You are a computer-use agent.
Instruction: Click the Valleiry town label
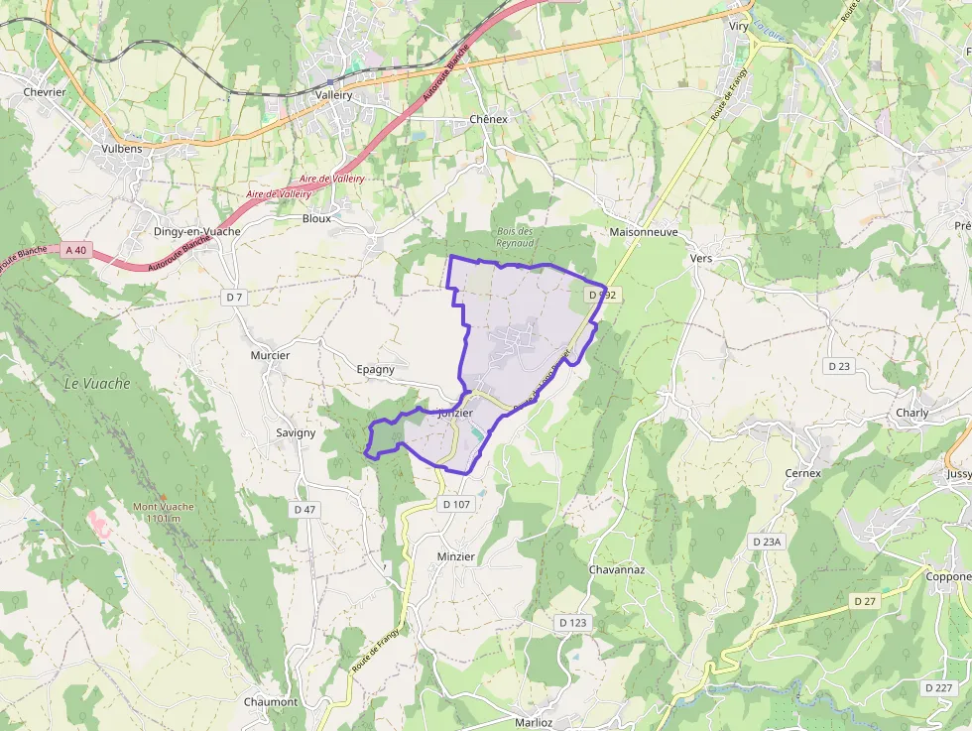[x=333, y=94]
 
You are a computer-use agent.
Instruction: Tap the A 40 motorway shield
[x=75, y=250]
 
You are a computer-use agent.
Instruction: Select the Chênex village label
[x=488, y=119]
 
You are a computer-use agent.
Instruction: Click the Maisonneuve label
[x=644, y=231]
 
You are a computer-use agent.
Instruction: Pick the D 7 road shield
[x=234, y=297]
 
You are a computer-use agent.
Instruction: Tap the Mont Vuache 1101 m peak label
[x=164, y=512]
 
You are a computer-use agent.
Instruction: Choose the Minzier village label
[x=456, y=556]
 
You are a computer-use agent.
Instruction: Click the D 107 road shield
[x=456, y=504]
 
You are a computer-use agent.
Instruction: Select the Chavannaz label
[x=617, y=570]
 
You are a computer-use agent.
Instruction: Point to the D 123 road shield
[x=573, y=622]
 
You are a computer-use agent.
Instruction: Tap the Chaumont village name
[x=271, y=701]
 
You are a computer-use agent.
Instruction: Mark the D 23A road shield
[x=767, y=542]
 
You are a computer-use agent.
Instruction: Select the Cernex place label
[x=803, y=473]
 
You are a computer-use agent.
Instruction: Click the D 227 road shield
[x=937, y=687]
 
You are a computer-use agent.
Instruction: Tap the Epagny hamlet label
[x=375, y=369]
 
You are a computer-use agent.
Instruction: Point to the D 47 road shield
[x=304, y=509]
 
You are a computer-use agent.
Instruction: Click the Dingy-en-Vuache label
[x=197, y=231]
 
